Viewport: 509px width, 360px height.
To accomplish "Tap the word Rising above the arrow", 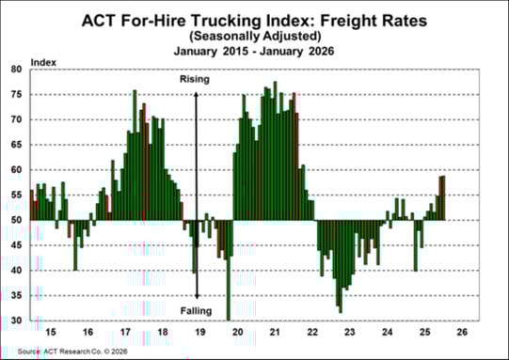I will (x=194, y=81).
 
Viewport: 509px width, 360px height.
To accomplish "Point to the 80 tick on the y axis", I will (x=17, y=70).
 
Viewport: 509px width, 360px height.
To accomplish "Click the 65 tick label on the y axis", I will (x=17, y=145).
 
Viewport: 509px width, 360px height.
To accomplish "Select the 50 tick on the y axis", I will (x=17, y=220).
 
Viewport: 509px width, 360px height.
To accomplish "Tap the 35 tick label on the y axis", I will (x=17, y=295).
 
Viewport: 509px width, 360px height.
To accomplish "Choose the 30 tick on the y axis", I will (x=17, y=321).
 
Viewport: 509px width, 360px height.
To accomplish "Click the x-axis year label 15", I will (x=50, y=333).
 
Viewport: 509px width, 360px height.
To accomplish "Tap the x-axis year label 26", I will (x=461, y=333).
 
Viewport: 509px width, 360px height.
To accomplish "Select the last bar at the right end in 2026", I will (x=443, y=197).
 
